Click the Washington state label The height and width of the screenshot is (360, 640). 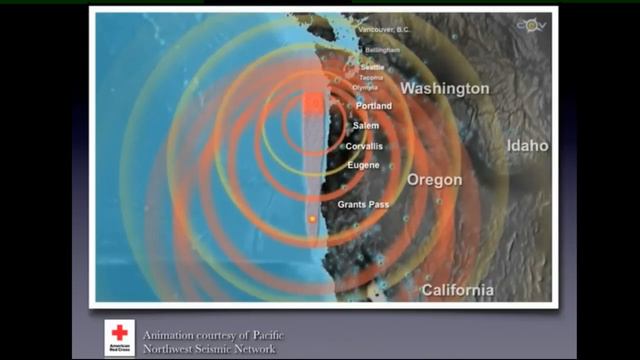coord(445,88)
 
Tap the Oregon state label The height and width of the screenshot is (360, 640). coord(435,180)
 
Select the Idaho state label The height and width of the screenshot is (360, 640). coord(527,146)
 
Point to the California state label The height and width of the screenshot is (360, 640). coord(457,290)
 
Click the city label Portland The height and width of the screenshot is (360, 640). coord(373,106)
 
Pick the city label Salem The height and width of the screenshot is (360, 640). coord(366,126)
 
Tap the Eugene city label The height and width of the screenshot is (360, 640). coord(363,164)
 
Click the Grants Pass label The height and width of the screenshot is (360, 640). coord(362,204)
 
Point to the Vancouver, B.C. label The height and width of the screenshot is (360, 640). coord(384,30)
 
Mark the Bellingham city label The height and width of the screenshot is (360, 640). coord(382,49)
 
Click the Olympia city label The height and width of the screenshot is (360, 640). coord(365,87)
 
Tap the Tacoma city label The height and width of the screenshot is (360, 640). coord(373,77)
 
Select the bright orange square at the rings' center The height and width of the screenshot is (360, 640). coord(312,103)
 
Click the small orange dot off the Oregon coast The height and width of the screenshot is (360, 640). coord(312,217)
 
